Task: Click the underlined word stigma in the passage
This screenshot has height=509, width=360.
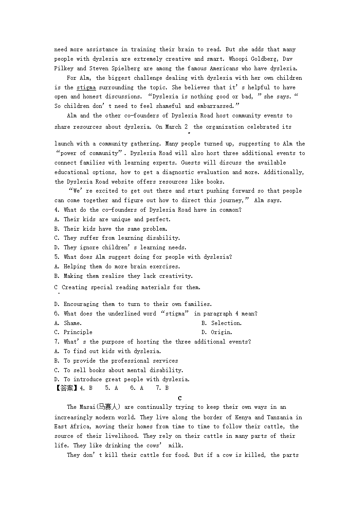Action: click(86, 87)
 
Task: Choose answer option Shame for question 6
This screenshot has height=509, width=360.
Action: click(73, 323)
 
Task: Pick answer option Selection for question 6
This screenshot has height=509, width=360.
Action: click(226, 323)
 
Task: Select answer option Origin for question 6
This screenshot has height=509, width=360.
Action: click(221, 332)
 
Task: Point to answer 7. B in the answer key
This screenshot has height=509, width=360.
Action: click(162, 388)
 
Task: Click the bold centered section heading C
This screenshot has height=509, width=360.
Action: click(180, 398)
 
